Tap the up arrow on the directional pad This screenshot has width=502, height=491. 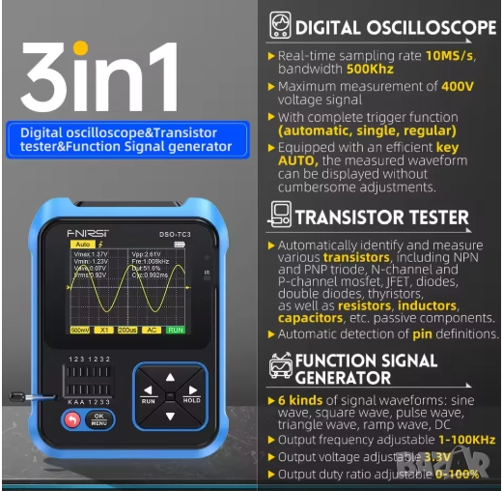170,376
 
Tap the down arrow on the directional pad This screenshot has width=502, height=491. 170,417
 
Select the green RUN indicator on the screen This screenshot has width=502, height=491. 175,329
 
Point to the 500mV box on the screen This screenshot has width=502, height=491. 81,329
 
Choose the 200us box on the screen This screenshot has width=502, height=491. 127,329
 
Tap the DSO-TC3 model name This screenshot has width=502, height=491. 163,232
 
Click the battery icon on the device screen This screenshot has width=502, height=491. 179,245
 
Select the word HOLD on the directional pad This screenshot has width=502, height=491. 192,399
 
